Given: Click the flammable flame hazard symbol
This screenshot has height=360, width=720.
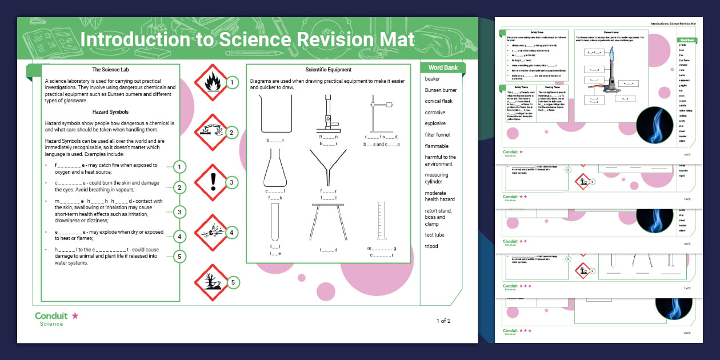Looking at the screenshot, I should tap(211, 82).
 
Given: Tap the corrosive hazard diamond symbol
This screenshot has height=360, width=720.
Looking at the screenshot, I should tap(211, 132).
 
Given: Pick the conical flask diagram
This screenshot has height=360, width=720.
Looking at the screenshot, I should tap(275, 169).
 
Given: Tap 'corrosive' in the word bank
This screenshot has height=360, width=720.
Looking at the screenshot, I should tap(435, 113).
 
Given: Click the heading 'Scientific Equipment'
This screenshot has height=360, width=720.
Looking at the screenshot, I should tap(329, 70).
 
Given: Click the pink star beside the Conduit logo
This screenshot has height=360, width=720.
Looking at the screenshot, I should tap(75, 315).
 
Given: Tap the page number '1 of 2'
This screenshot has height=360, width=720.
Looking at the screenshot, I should tap(443, 321).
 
